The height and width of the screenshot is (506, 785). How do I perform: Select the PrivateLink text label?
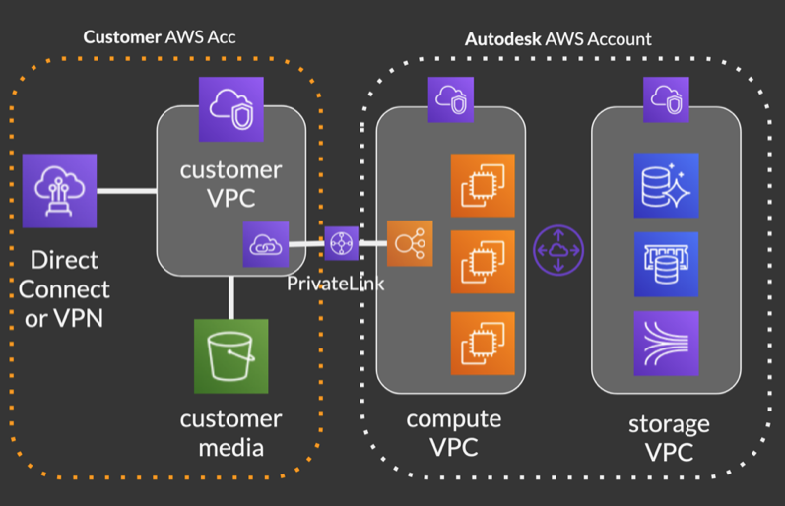[x=336, y=285]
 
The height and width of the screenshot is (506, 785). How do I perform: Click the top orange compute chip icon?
[x=483, y=185]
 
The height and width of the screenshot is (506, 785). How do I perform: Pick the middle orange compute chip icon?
[x=483, y=264]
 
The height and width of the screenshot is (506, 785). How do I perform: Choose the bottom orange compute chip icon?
[x=483, y=343]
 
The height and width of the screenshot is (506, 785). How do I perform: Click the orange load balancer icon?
[x=410, y=243]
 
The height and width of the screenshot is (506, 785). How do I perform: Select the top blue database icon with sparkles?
[x=666, y=185]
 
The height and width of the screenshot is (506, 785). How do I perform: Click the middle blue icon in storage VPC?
[x=666, y=264]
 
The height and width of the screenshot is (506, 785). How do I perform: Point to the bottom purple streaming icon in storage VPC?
[x=666, y=343]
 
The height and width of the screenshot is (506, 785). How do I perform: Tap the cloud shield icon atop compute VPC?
[x=450, y=99]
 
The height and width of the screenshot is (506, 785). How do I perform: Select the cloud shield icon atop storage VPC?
[x=666, y=99]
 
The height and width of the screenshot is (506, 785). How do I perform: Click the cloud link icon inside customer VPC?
[x=266, y=245]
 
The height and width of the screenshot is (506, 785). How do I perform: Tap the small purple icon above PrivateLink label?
[x=342, y=243]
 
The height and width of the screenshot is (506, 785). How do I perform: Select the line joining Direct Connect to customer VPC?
[x=128, y=190]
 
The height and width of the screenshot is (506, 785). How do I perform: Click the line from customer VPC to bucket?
[x=231, y=297]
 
